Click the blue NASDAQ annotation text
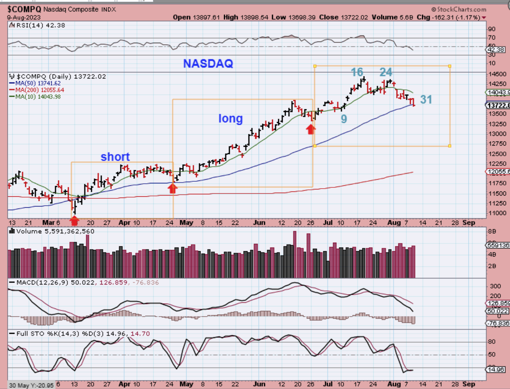pos(208,63)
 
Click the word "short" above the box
pos(115,157)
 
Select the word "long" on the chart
pos(230,118)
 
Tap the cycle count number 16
pos(357,72)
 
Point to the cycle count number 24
pos(386,72)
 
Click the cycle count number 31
pos(426,100)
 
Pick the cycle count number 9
pos(344,119)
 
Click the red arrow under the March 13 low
pos(74,221)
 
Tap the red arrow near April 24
pos(173,188)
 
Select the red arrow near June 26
pos(311,129)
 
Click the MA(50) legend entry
pos(35,83)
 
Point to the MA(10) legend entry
pos(35,96)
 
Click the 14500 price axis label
pos(498,74)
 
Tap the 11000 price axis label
pos(498,213)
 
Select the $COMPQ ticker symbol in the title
pos(24,9)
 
